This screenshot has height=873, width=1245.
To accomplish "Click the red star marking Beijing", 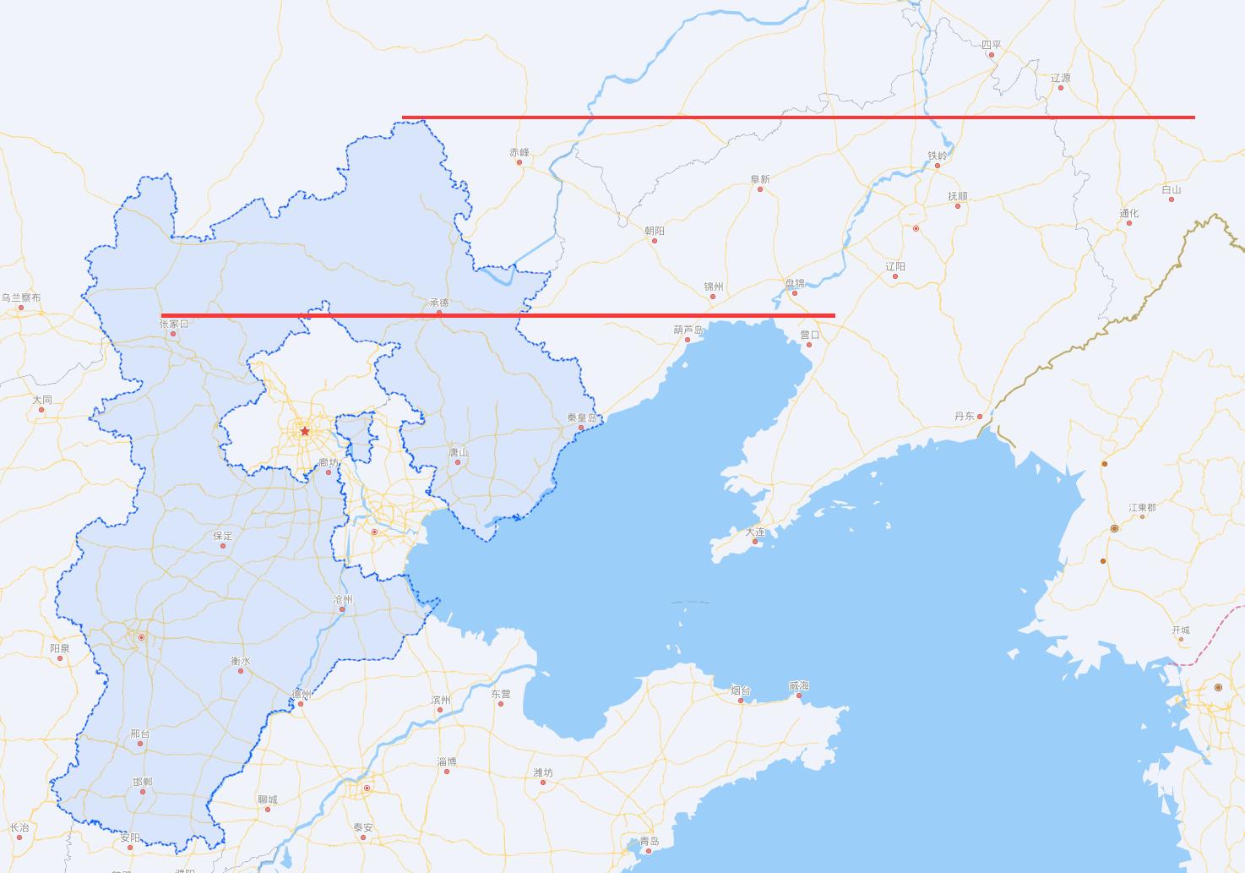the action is [x=305, y=431].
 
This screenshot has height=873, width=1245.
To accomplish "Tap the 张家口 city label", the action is [x=174, y=324].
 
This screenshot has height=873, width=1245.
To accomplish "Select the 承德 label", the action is [x=439, y=303].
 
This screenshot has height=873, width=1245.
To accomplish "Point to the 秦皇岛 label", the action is [x=582, y=417].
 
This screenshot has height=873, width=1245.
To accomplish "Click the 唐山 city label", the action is [x=459, y=452].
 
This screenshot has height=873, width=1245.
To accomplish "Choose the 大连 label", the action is [x=755, y=532].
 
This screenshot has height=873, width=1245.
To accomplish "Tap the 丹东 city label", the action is [x=965, y=416].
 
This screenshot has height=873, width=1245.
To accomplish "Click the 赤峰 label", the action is [x=519, y=152].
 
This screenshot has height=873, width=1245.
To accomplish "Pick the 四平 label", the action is [x=992, y=45].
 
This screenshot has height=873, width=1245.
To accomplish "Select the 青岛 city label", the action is [x=650, y=840].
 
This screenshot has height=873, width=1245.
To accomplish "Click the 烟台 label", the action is [x=741, y=690].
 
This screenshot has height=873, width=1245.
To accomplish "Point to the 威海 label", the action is [x=799, y=685].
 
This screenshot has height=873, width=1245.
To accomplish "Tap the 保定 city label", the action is [x=223, y=536].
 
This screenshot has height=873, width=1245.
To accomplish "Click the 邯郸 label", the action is [x=143, y=782].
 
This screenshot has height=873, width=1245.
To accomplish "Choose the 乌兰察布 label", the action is [x=21, y=297].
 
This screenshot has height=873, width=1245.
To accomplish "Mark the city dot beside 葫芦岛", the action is [x=688, y=340].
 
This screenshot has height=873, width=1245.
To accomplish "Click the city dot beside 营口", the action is [x=808, y=345].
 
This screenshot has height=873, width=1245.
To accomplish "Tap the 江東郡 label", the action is [x=1143, y=507].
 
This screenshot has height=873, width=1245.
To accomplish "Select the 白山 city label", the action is [x=1172, y=189].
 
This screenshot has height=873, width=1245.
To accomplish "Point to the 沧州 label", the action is [x=342, y=599].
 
